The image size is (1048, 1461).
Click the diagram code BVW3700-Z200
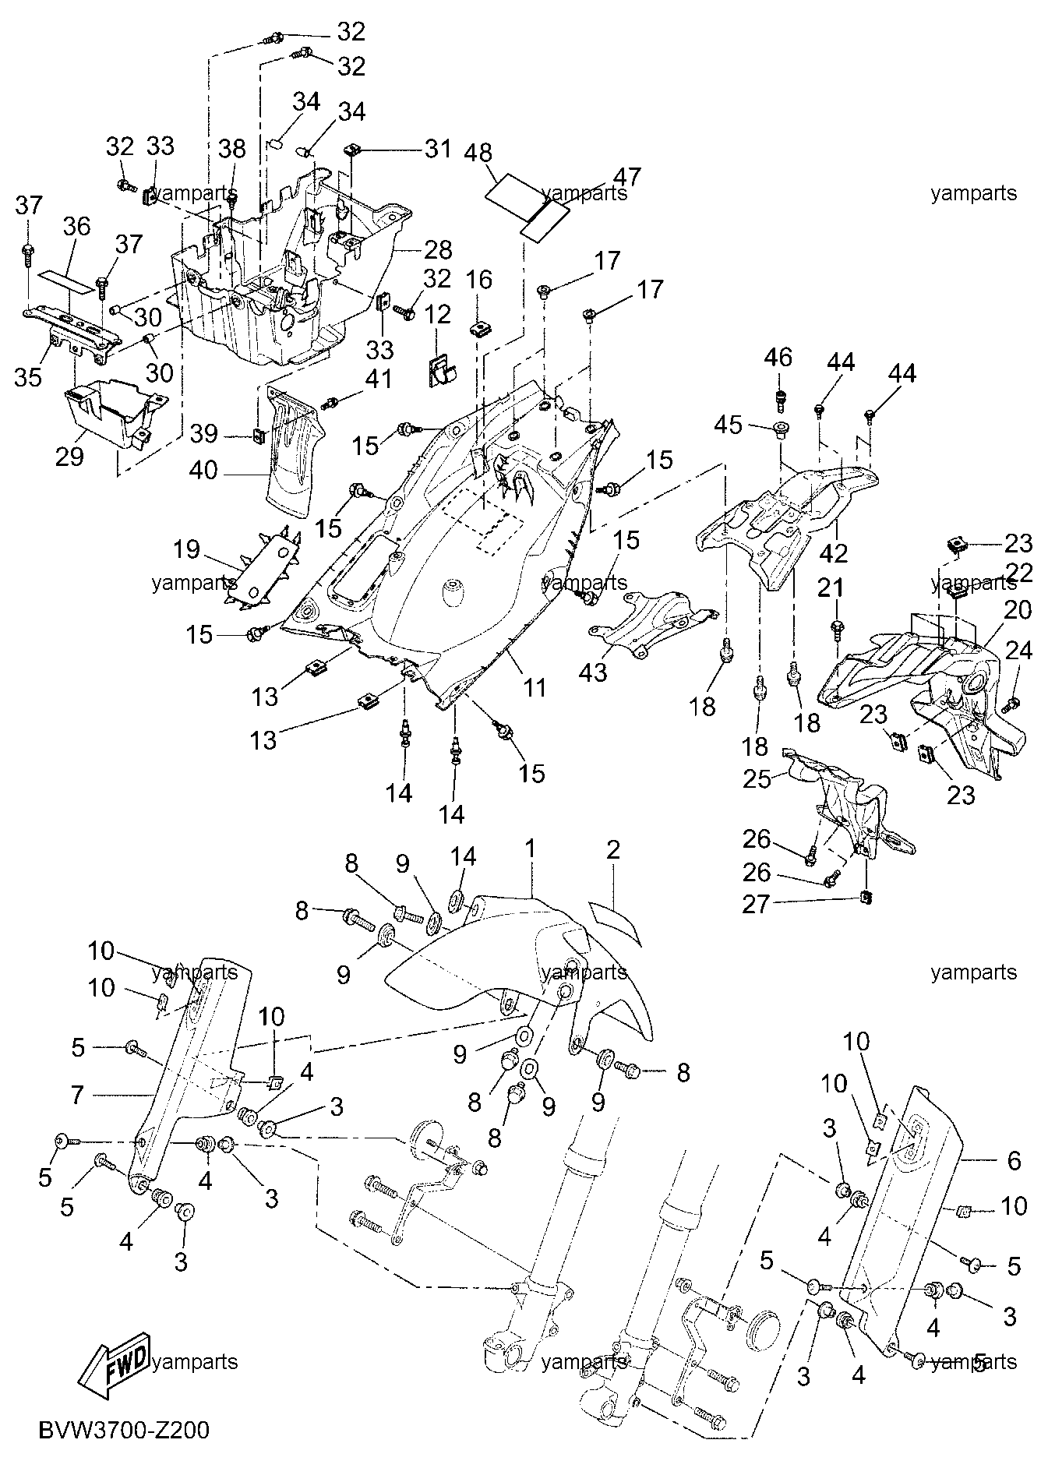coord(125,1431)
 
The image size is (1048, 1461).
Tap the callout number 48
coord(478,154)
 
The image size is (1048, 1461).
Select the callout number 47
coord(626,177)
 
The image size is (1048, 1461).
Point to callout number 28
coord(438,249)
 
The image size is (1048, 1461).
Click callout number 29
coord(69,456)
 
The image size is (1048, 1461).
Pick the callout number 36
coord(77,227)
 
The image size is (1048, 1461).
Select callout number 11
coord(534,687)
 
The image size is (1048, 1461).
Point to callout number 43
coord(592,671)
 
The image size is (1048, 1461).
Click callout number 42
coord(833,553)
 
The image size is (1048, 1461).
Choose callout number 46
coord(778,358)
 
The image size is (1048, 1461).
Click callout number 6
coord(1014,1160)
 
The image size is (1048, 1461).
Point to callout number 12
coord(438,314)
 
